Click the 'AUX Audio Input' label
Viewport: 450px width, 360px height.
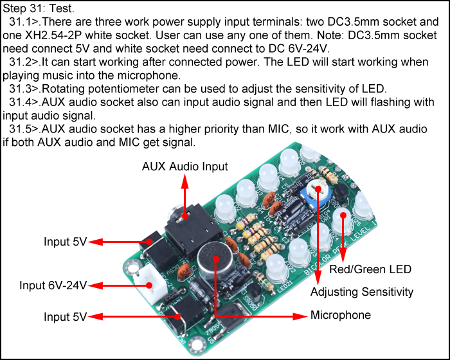pos(185,166)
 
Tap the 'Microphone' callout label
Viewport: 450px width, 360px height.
pos(341,315)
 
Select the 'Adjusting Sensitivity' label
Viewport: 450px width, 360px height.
pos(362,292)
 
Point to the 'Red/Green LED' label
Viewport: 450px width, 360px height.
pos(370,269)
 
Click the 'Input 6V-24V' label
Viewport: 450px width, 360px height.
pos(53,285)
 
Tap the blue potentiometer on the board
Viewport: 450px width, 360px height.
pos(316,193)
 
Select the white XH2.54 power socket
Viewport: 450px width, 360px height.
pos(150,283)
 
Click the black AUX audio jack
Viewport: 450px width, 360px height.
pos(191,230)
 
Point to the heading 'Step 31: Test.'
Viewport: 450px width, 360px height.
pos(39,8)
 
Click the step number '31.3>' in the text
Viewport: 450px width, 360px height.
pos(25,89)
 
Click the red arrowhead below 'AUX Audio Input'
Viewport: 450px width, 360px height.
pos(185,182)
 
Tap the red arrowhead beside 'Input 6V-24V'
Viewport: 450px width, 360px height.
pos(96,285)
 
